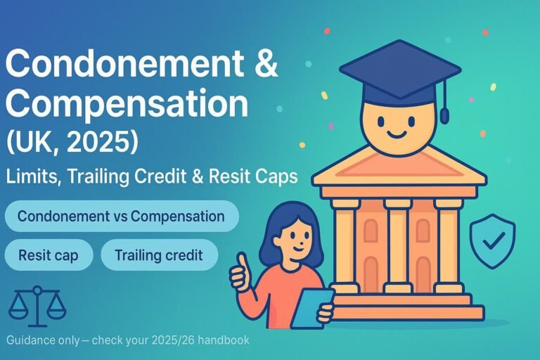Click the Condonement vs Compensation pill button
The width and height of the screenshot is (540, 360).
(x=121, y=216)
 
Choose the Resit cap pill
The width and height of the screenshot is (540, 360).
(x=49, y=255)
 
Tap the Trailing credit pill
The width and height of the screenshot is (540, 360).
(x=159, y=255)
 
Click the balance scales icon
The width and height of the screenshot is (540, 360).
(x=37, y=303)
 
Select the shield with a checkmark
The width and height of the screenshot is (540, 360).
(x=492, y=241)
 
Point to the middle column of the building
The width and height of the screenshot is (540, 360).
(x=398, y=243)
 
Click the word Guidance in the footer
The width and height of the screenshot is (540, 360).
(x=32, y=340)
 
